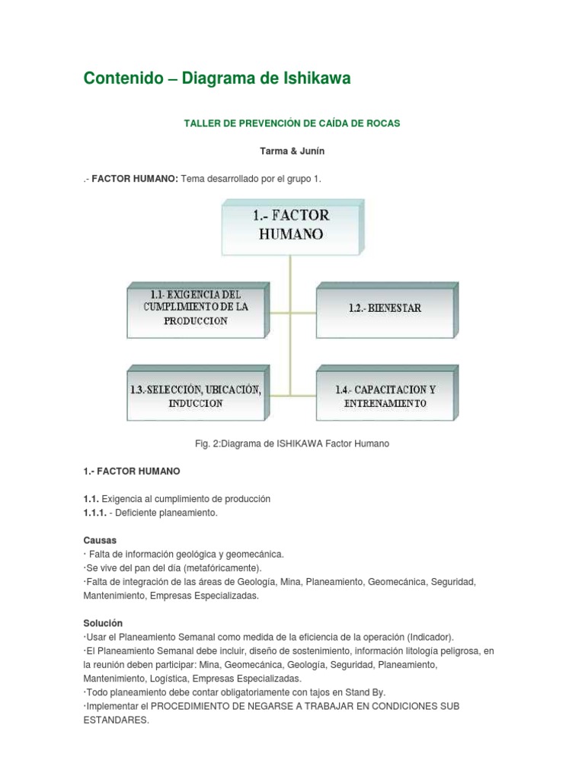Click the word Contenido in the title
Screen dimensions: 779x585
(x=123, y=79)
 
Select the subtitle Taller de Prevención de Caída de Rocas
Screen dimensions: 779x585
(x=292, y=122)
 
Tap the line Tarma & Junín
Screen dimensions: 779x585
(x=292, y=151)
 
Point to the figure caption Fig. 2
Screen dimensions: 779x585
(x=292, y=444)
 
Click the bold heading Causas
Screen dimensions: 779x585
(x=99, y=540)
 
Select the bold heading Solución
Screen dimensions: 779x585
(x=103, y=623)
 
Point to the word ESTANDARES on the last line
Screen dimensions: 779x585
(x=116, y=720)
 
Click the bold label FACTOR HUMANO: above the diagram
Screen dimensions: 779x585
(x=135, y=179)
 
